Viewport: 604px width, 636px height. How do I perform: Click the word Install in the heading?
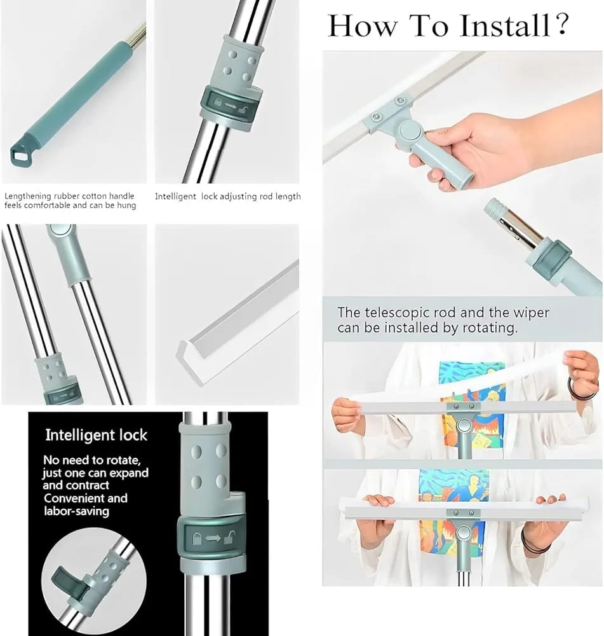pyautogui.click(x=504, y=26)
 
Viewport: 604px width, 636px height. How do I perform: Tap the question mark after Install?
pyautogui.click(x=561, y=26)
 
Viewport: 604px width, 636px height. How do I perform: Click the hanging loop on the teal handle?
pyautogui.click(x=20, y=152)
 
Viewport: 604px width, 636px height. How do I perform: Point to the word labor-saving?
pyautogui.click(x=76, y=511)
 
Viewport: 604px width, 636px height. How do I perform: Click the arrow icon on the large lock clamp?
pyautogui.click(x=213, y=537)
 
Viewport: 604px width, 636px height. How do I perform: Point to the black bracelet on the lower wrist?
pyautogui.click(x=528, y=545)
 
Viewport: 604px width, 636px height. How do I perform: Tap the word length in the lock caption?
pyautogui.click(x=288, y=197)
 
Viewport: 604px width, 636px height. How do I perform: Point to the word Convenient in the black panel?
pyautogui.click(x=85, y=498)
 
